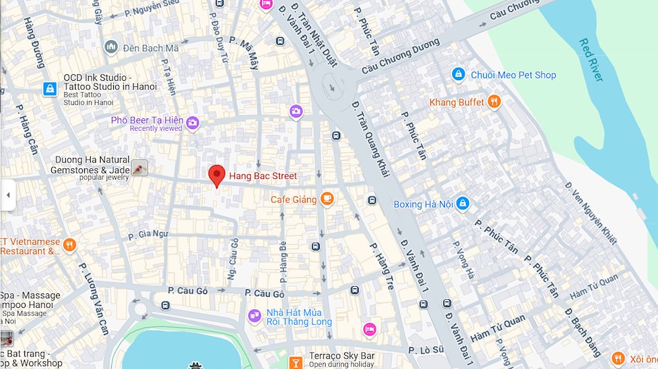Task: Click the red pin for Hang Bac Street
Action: [x=216, y=176]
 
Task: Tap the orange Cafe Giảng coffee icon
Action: [x=327, y=199]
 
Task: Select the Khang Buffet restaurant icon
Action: [x=494, y=102]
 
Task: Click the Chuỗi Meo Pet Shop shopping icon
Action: [x=459, y=75]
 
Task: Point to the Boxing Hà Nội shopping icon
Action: [x=463, y=204]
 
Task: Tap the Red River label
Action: [x=590, y=60]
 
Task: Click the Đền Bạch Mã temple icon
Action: [x=111, y=47]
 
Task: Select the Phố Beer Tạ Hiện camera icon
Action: [x=192, y=122]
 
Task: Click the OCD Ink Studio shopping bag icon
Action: [x=50, y=89]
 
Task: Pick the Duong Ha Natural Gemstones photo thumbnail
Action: [x=139, y=168]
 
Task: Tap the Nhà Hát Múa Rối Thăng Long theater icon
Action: [x=255, y=317]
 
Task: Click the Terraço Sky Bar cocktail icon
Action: [x=295, y=361]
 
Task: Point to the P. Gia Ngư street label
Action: [x=148, y=234]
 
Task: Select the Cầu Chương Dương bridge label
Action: [x=400, y=56]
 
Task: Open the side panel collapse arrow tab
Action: [x=8, y=195]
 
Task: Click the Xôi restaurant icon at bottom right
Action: [x=617, y=358]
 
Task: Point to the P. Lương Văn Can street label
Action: [x=93, y=299]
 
